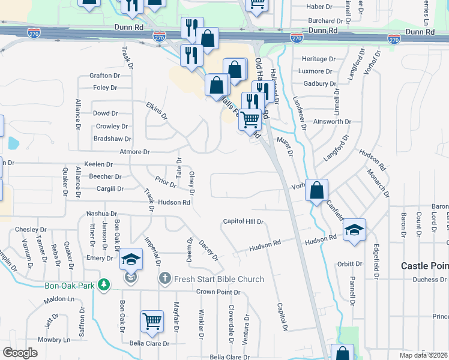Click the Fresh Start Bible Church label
tap(219, 279)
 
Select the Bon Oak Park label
tap(69, 286)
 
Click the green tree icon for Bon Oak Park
tap(104, 284)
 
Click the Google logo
tap(20, 353)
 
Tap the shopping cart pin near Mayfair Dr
tap(152, 321)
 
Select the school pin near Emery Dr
tap(131, 259)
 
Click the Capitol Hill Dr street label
tap(243, 221)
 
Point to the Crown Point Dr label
tap(218, 292)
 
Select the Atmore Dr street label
tap(134, 152)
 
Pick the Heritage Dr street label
tap(318, 59)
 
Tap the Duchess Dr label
tap(426, 280)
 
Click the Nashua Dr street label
tap(101, 214)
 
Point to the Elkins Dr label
tap(155, 110)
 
